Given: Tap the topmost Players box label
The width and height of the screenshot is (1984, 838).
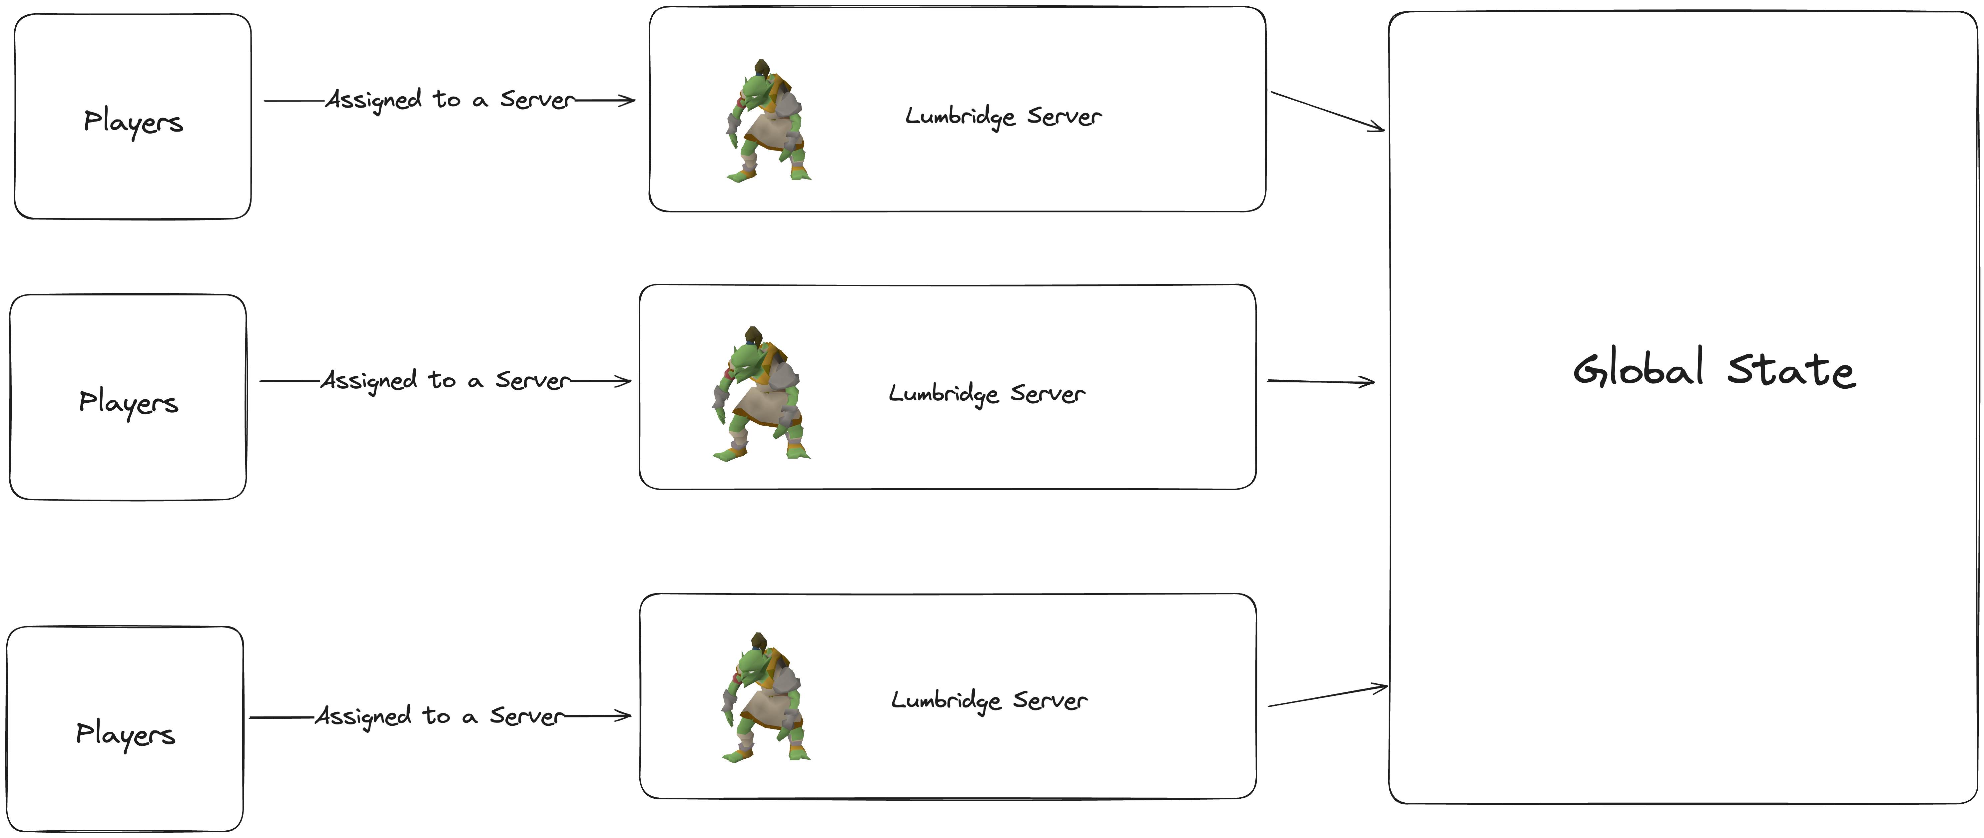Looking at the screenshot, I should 133,122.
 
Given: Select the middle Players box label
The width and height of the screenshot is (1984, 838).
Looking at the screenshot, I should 129,402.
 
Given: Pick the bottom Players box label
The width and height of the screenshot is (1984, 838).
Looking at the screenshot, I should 126,734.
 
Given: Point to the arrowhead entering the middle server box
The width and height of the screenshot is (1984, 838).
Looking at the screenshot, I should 624,380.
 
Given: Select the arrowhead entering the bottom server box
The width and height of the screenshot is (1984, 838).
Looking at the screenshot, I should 624,715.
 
